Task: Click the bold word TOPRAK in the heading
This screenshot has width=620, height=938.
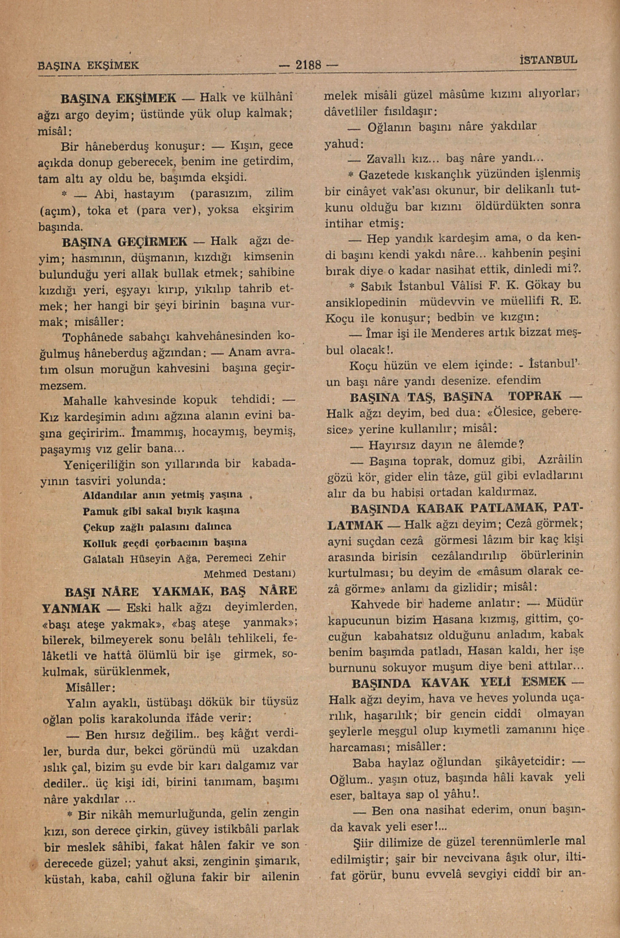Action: coord(535,397)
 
